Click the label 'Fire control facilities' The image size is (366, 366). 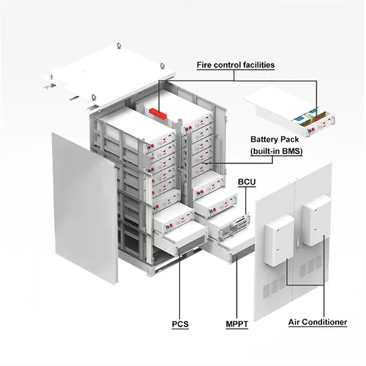[x=236, y=65]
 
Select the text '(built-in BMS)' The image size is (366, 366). [x=274, y=152]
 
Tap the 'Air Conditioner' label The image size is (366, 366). [x=317, y=322]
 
